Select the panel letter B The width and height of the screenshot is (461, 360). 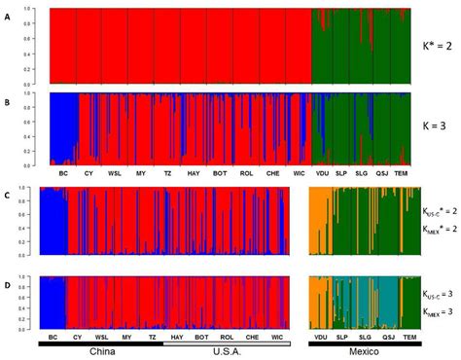[x=10, y=98]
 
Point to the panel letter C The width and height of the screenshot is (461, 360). [x=10, y=194]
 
